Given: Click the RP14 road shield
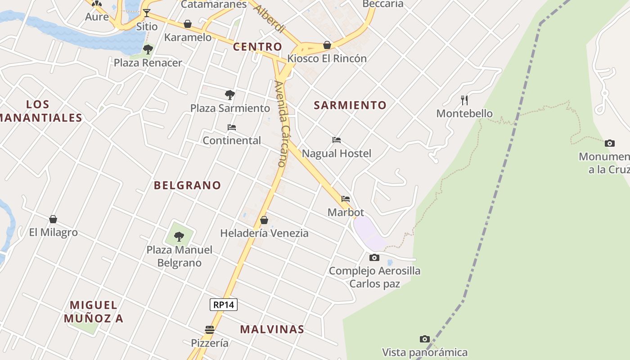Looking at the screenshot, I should (x=224, y=305).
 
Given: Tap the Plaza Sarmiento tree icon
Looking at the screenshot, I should (x=230, y=94).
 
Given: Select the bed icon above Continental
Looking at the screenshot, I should (x=232, y=127).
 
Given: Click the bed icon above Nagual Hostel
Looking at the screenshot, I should (x=336, y=140).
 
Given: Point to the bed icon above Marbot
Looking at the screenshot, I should (x=346, y=198).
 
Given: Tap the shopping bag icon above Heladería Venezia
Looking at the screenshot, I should (x=264, y=220).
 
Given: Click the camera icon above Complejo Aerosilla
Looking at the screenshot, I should (x=374, y=257).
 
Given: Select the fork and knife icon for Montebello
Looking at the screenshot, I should (x=464, y=100).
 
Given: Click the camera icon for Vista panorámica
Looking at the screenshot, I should (x=424, y=339).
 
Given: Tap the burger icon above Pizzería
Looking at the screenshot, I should (x=210, y=330).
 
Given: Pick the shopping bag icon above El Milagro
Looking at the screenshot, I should (x=53, y=219).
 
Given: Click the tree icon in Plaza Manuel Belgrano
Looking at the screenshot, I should (x=179, y=236).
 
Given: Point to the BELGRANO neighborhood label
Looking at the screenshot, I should (x=188, y=185).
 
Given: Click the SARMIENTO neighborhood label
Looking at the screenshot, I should (x=350, y=105).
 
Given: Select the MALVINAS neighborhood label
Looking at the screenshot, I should (x=272, y=329).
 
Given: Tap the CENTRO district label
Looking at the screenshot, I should (x=257, y=47).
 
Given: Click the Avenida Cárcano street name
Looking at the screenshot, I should (x=280, y=124).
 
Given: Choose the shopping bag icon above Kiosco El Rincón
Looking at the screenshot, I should (x=327, y=45).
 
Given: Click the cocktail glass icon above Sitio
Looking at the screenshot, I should (x=146, y=13).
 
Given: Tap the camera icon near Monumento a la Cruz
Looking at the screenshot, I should (x=610, y=143).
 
